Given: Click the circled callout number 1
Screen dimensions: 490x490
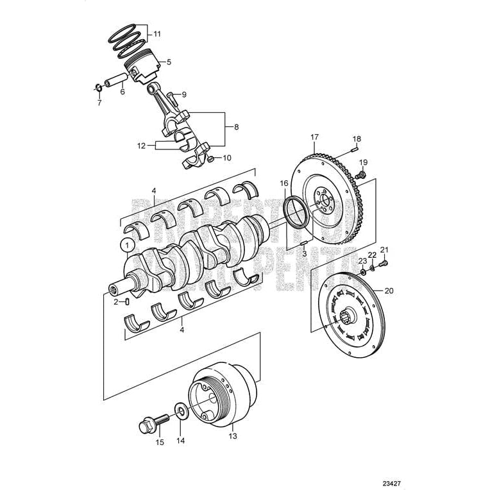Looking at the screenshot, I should (x=127, y=244).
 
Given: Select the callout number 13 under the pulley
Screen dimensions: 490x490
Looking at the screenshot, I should (x=233, y=436).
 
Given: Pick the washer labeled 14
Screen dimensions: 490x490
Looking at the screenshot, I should (x=180, y=410).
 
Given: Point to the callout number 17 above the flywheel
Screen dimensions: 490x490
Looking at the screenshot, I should (x=314, y=137).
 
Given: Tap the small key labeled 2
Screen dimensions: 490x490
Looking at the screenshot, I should (x=128, y=301).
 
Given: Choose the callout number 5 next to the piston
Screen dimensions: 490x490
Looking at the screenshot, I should (x=169, y=62).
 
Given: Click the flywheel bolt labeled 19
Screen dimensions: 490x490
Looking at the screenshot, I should (x=361, y=173).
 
